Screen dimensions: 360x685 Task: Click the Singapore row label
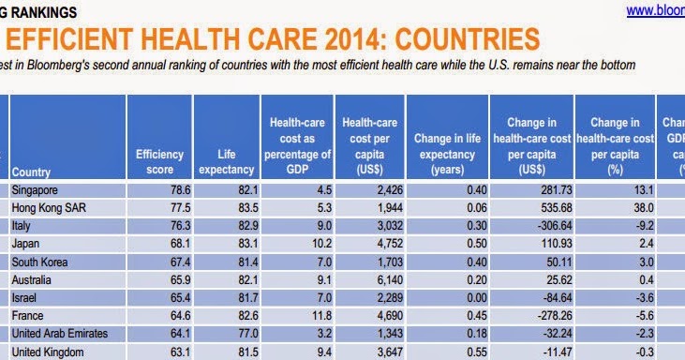click(x=36, y=190)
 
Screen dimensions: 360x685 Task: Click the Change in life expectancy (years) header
click(x=446, y=154)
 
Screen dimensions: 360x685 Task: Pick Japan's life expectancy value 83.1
click(x=243, y=244)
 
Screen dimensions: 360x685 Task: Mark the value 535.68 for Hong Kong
click(x=545, y=208)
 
